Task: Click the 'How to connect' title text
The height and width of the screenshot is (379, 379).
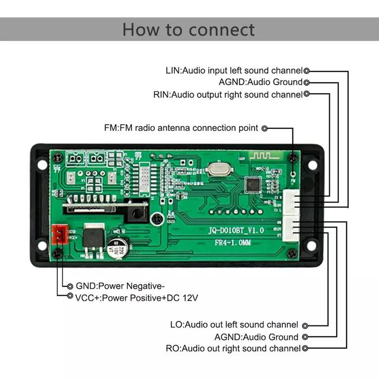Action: pyautogui.click(x=188, y=29)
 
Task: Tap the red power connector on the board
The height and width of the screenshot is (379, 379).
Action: pyautogui.click(x=58, y=234)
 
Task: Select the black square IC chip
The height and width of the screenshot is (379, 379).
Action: pyautogui.click(x=252, y=185)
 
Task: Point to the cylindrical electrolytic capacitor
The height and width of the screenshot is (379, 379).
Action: pyautogui.click(x=117, y=248)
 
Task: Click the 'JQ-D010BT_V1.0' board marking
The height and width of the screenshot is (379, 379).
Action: pyautogui.click(x=236, y=230)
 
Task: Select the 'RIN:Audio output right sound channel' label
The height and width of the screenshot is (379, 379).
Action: pyautogui.click(x=227, y=95)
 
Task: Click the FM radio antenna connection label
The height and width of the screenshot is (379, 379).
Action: pyautogui.click(x=181, y=128)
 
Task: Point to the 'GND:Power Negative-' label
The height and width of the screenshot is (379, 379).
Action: pyautogui.click(x=120, y=286)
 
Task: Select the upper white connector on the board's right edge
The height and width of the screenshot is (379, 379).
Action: pyautogui.click(x=292, y=202)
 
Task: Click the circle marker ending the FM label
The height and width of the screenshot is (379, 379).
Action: pyautogui.click(x=264, y=129)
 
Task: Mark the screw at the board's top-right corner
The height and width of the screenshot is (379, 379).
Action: pyautogui.click(x=293, y=158)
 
